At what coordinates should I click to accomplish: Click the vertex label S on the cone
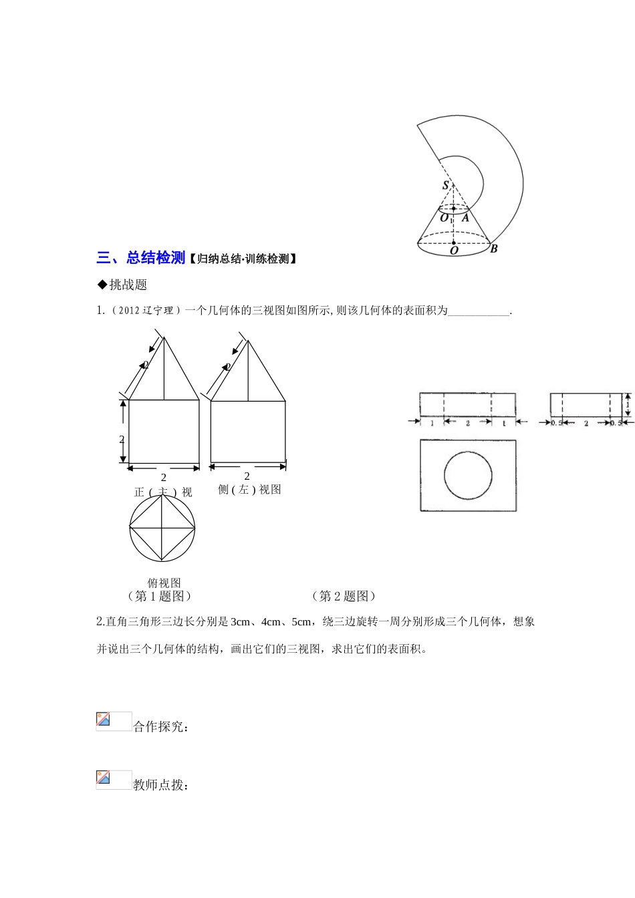[446, 186]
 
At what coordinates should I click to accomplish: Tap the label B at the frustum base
[494, 249]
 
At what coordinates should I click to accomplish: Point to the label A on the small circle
[465, 218]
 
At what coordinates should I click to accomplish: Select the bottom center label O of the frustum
[454, 251]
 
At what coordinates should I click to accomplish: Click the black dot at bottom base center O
[454, 243]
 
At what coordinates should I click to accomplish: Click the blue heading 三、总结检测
[140, 258]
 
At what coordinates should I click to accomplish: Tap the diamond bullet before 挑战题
[102, 285]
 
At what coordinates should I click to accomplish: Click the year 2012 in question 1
[128, 311]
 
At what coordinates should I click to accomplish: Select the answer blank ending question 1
[479, 311]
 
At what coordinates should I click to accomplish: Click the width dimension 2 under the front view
[164, 478]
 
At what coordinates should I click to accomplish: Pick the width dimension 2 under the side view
[247, 476]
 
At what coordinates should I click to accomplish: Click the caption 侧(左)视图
[249, 490]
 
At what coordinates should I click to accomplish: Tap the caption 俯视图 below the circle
[164, 583]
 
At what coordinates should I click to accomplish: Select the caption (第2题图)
[344, 596]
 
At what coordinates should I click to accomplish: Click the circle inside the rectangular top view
[468, 476]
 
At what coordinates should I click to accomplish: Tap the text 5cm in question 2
[301, 622]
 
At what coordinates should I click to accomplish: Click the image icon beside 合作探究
[113, 721]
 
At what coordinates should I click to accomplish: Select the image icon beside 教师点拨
[113, 779]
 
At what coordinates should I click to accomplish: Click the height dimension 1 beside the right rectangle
[628, 404]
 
